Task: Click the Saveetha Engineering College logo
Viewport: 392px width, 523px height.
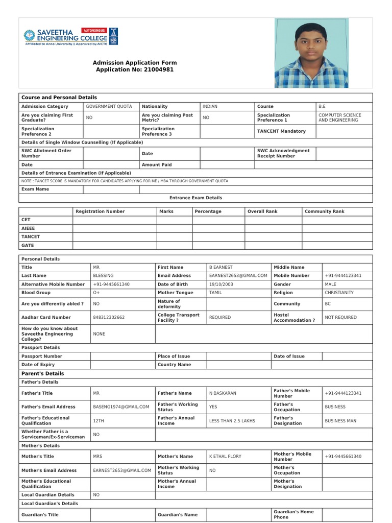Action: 65,37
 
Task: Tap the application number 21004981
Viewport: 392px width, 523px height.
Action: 158,69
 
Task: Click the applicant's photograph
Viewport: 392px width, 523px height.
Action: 311,53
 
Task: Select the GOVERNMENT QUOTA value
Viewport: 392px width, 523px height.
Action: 109,106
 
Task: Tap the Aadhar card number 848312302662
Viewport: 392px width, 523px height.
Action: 109,317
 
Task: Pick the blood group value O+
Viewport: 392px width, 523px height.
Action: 96,293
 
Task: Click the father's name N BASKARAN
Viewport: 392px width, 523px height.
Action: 223,393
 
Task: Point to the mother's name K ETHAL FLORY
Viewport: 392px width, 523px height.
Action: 225,456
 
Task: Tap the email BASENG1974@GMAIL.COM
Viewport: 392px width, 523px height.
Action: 121,407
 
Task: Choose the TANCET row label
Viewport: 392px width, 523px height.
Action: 30,236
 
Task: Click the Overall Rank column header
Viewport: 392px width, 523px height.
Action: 262,211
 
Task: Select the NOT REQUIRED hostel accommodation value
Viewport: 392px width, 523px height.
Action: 340,317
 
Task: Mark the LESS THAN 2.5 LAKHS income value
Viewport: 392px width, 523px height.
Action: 232,421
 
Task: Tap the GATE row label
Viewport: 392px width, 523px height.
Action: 27,245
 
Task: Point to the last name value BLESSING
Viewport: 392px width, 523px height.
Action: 103,275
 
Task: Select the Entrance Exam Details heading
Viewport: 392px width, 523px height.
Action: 195,198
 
